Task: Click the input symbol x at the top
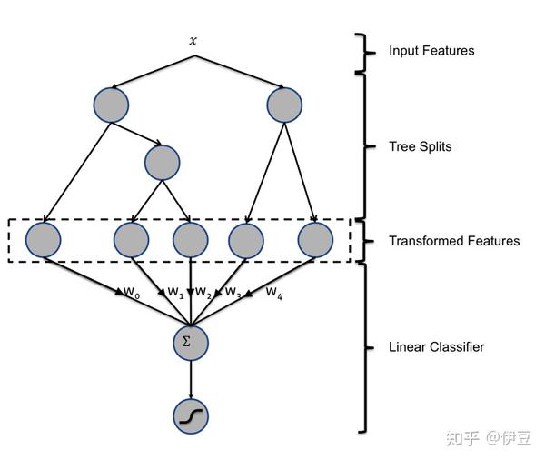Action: coord(192,41)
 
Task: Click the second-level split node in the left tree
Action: coord(162,162)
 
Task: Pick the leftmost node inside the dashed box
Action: coord(43,240)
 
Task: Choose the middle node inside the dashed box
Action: coord(190,240)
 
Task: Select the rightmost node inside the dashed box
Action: coord(315,240)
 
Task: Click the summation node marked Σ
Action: coord(190,342)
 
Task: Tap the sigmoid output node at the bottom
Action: coord(190,415)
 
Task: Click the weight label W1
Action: coord(175,293)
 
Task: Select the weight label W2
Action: coord(203,293)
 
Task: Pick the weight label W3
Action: coord(233,293)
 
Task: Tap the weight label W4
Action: coord(273,293)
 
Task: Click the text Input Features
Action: coord(431,51)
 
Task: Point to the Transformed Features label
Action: coord(454,241)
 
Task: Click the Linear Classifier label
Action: coord(436,346)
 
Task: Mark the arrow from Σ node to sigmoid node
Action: coord(190,377)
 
